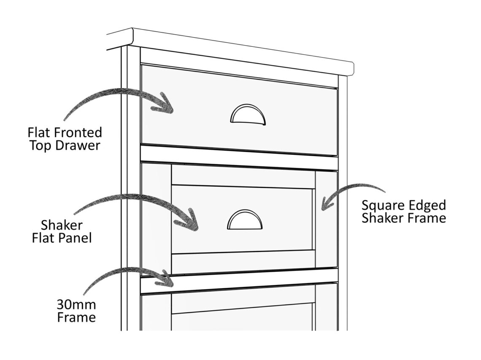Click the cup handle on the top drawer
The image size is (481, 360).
click(x=248, y=115)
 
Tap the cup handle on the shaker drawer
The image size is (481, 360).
click(x=245, y=220)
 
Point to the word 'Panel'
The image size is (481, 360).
click(x=76, y=238)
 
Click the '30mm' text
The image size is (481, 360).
click(x=76, y=304)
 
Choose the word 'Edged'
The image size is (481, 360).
click(x=426, y=206)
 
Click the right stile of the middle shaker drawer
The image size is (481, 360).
click(x=326, y=219)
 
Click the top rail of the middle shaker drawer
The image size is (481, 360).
click(x=243, y=176)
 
